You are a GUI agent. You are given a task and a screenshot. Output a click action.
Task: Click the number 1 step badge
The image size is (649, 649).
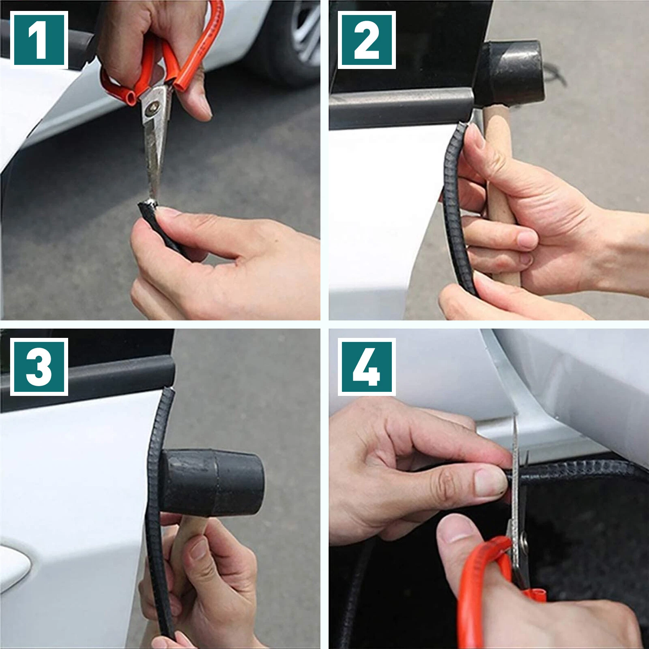point(39,40)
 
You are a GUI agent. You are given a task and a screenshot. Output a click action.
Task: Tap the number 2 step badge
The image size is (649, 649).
point(366,40)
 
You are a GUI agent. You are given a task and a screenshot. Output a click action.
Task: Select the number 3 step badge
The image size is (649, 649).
point(39,366)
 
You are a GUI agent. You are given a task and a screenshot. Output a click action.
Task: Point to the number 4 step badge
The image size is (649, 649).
point(366,366)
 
